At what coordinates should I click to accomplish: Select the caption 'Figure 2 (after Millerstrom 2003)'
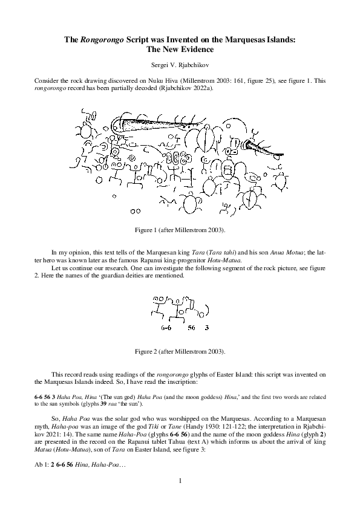180,351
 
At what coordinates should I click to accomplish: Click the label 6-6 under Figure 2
168,328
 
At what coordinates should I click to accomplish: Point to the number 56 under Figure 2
191,328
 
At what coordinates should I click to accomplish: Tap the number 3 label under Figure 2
207,328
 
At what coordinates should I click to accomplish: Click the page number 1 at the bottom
180,481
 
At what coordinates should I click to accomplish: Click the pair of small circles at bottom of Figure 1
138,211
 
